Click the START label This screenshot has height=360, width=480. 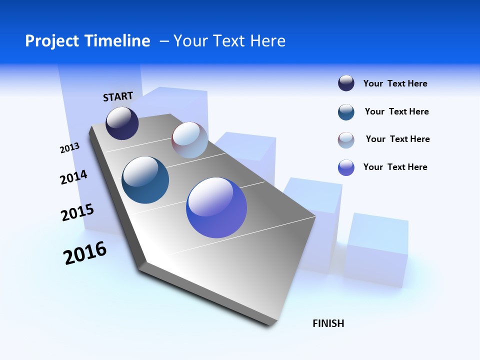pos(118,96)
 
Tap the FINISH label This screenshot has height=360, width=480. pos(328,323)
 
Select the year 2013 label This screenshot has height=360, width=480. pos(69,148)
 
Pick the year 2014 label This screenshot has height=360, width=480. pos(73,177)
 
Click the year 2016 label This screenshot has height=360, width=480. pos(85,253)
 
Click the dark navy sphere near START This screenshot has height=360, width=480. pos(122,123)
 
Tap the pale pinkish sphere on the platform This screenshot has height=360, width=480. pos(189,140)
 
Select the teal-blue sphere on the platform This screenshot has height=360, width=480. pos(145,180)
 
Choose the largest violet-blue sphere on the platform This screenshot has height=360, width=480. pos(216,207)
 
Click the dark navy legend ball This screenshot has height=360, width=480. pos(346,83)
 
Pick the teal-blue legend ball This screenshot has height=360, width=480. pos(346,112)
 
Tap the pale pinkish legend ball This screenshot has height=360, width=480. pos(346,140)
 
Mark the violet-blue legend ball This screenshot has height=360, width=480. pos(346,167)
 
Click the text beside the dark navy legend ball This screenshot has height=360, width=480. pos(395,84)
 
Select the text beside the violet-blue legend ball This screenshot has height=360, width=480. pos(395,167)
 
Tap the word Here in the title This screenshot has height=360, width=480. pos(267,41)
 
